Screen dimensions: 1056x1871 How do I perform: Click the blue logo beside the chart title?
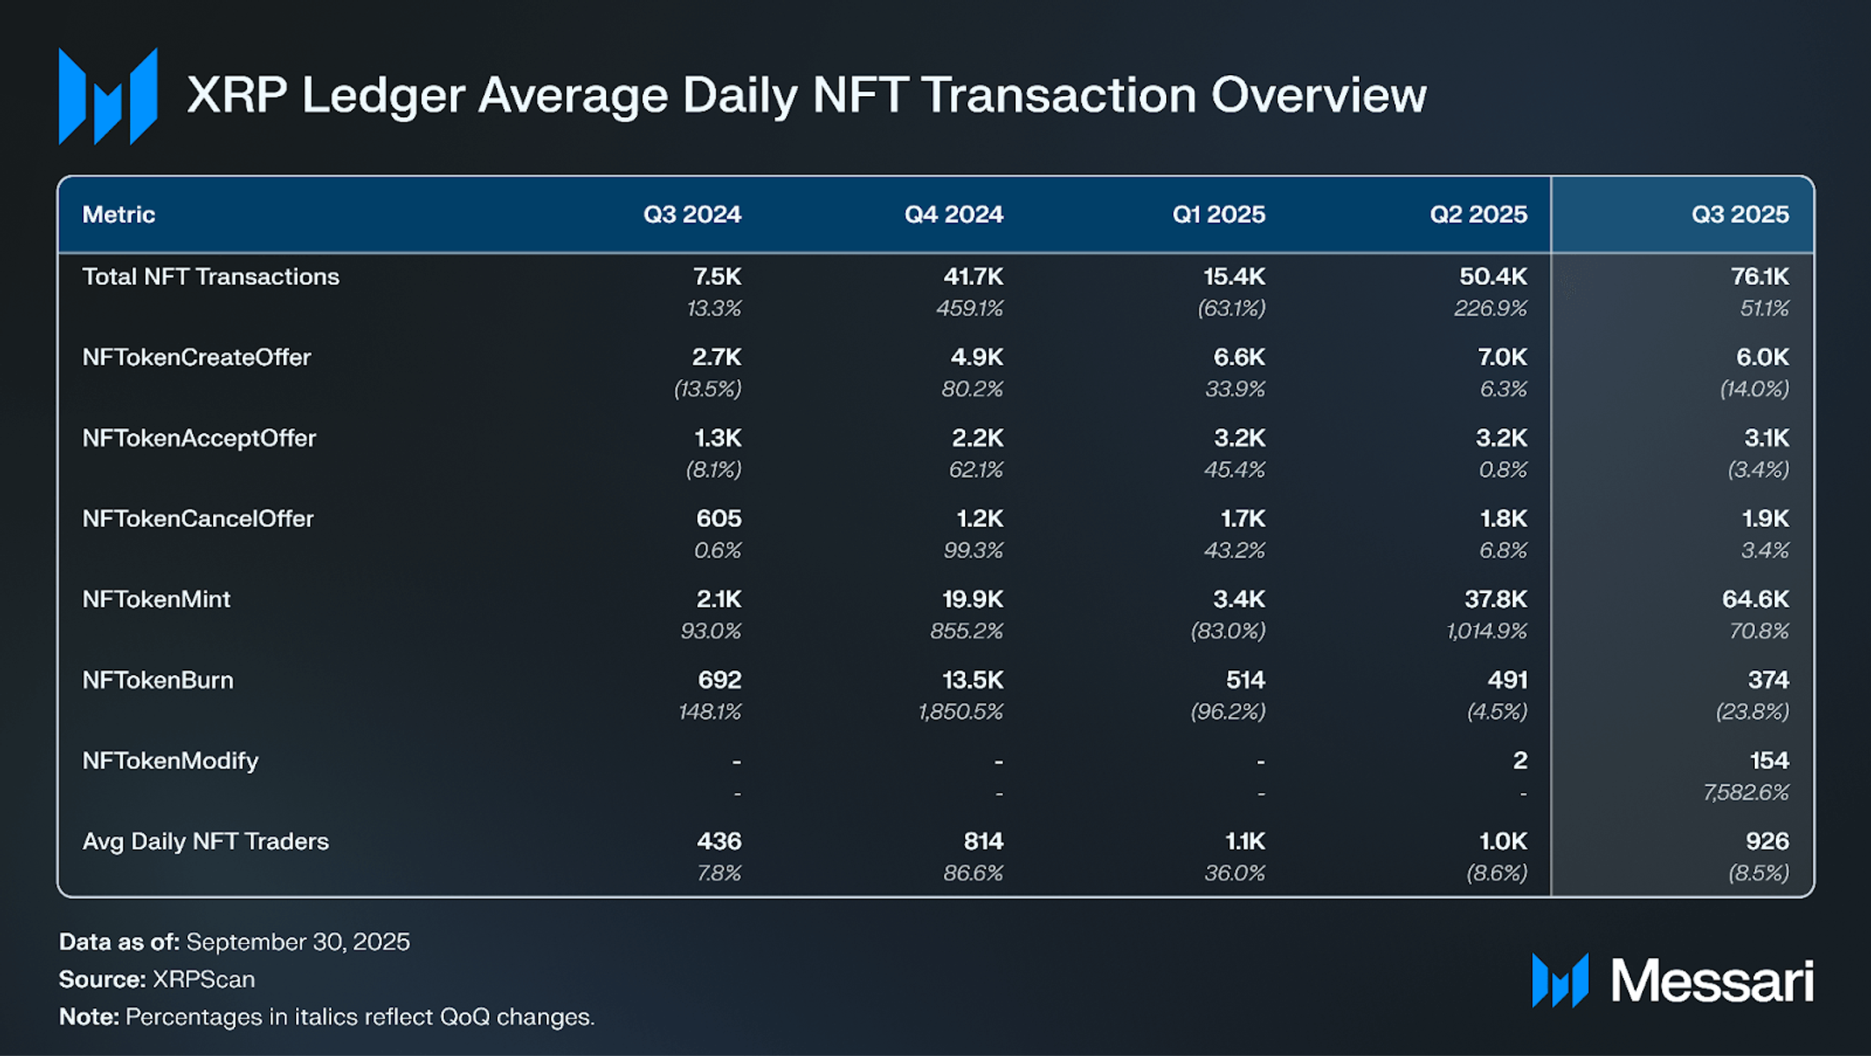click(107, 96)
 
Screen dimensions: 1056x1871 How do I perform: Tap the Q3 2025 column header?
click(1739, 214)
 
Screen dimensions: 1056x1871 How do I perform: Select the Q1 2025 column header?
click(1218, 214)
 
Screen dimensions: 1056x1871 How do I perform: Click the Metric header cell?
click(119, 214)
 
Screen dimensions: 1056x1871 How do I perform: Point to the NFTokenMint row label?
click(156, 599)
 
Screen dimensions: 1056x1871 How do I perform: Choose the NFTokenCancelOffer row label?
click(197, 519)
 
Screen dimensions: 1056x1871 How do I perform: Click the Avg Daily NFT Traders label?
click(205, 841)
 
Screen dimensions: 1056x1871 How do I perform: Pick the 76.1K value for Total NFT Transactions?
click(1759, 277)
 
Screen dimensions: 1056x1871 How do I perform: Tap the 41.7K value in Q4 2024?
click(972, 277)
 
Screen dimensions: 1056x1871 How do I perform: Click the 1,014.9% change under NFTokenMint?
click(1486, 631)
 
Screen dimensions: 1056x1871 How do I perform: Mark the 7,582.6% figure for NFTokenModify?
click(1745, 792)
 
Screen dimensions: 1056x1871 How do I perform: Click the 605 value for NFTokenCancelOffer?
click(718, 519)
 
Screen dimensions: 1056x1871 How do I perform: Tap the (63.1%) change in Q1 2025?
click(1231, 308)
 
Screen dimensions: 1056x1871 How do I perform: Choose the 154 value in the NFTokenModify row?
click(1769, 761)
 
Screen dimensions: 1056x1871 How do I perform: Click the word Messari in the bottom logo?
click(1712, 981)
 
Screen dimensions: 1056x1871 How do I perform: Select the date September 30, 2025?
click(298, 942)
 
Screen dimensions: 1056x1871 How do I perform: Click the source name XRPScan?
click(204, 979)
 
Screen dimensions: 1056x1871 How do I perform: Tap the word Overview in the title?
click(1318, 95)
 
